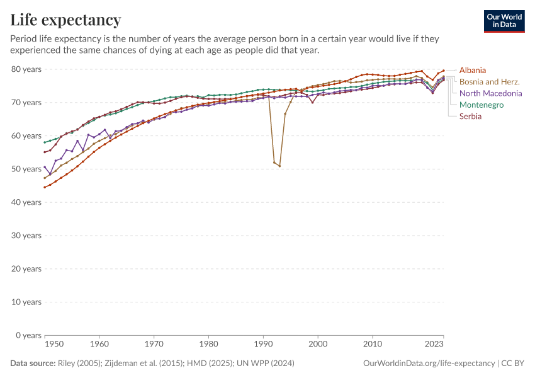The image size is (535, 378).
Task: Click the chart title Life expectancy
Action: point(66,20)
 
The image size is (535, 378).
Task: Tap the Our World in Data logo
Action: point(504,21)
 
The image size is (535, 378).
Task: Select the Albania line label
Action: point(472,70)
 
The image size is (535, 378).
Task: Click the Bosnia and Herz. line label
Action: point(489,82)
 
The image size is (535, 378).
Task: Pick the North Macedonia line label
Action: point(490,93)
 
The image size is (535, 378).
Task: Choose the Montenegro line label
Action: point(481,105)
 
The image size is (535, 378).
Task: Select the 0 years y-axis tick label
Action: point(28,335)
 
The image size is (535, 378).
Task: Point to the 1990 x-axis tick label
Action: point(263,345)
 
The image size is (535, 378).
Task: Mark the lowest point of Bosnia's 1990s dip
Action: point(279,166)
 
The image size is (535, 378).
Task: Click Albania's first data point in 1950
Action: point(45,187)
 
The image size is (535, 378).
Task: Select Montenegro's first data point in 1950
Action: point(45,142)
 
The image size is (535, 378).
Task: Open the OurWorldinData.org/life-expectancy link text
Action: point(429,364)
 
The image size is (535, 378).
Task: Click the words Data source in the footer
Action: point(32,364)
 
